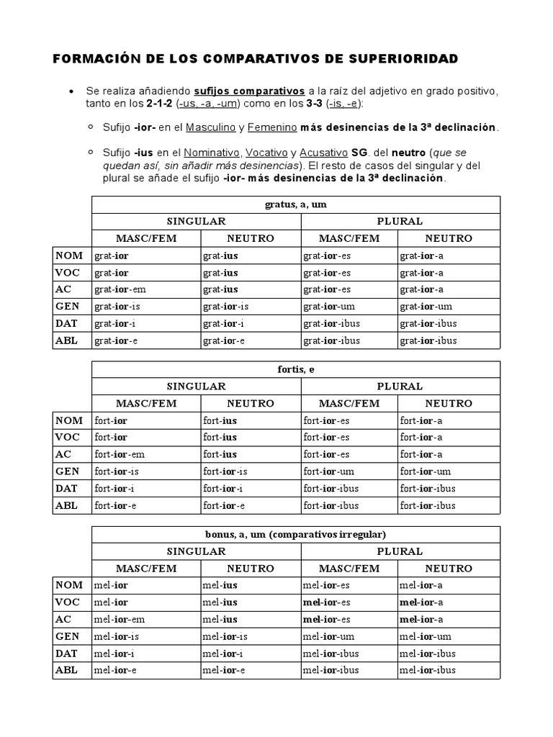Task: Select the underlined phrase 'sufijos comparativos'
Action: click(250, 91)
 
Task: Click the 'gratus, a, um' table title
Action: click(295, 204)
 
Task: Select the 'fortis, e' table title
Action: click(295, 370)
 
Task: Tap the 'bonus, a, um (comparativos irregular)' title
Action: click(295, 535)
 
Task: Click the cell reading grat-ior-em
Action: click(120, 289)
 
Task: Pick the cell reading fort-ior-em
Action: click(120, 454)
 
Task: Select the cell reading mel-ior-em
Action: click(120, 619)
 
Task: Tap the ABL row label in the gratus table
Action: click(66, 340)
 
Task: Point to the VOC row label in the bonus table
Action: click(68, 602)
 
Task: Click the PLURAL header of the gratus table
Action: click(400, 221)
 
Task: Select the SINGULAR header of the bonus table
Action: click(197, 551)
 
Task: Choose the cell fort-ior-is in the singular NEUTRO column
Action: click(225, 471)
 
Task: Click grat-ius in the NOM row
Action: click(220, 256)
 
